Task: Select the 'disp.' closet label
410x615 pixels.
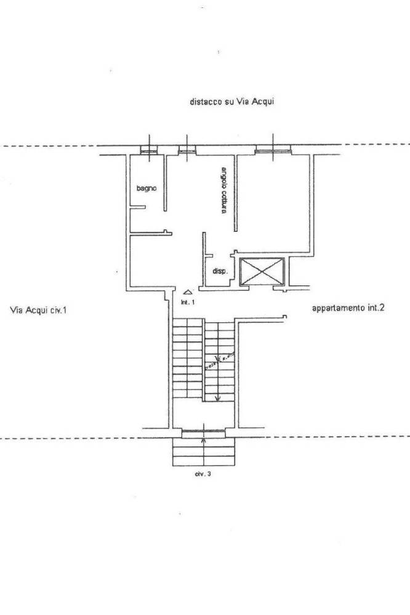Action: tap(219, 271)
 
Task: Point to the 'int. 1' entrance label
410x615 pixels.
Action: tap(188, 303)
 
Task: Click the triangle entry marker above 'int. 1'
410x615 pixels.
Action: tap(188, 292)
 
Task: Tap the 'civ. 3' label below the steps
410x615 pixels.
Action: tap(204, 474)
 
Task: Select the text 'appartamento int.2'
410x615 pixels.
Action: tap(348, 309)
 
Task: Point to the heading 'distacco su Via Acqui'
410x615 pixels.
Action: tap(231, 102)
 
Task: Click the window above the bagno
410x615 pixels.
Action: tap(148, 149)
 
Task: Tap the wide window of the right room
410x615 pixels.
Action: tap(272, 149)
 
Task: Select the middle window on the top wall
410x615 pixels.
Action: tap(187, 149)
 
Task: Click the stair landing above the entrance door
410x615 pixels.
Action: tap(203, 415)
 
